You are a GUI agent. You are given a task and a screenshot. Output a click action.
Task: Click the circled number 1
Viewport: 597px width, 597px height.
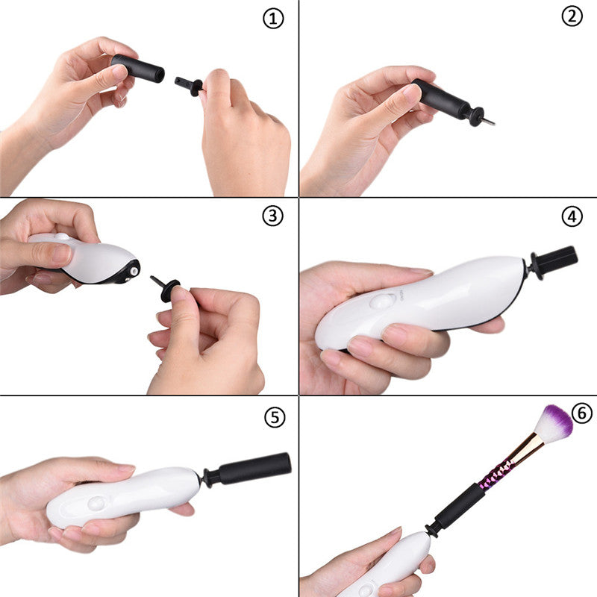click(x=274, y=19)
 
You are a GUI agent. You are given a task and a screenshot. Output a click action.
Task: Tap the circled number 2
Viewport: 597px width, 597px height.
click(x=572, y=16)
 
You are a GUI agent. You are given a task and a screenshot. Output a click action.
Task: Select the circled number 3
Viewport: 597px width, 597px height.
click(x=273, y=216)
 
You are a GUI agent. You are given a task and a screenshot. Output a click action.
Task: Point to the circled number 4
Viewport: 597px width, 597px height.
click(x=572, y=216)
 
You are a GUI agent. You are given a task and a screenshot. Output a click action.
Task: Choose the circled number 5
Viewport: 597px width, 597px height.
click(x=275, y=417)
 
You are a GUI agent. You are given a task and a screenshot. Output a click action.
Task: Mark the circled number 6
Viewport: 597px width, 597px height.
click(x=582, y=413)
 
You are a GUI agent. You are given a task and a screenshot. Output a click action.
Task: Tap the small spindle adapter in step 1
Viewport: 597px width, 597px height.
click(x=191, y=86)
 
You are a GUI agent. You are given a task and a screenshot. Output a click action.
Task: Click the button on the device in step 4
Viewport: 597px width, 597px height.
click(x=383, y=301)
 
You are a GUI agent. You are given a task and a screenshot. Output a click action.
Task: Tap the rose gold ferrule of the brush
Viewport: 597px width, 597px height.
click(x=527, y=449)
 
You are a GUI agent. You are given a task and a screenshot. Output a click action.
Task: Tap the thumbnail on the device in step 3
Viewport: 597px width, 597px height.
click(x=60, y=254)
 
